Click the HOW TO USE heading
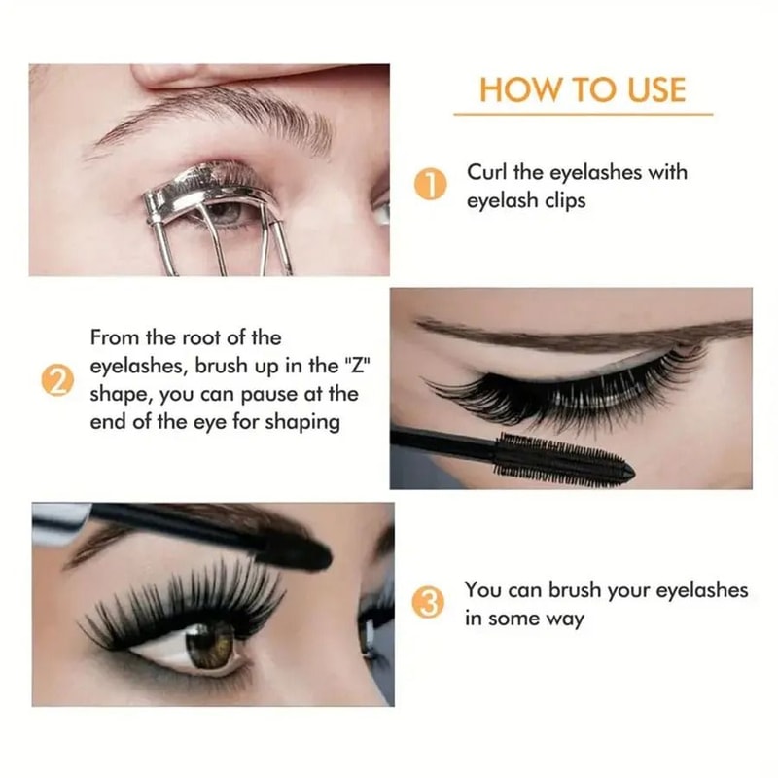583,89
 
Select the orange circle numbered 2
56,382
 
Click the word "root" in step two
209,338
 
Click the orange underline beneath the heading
583,114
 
